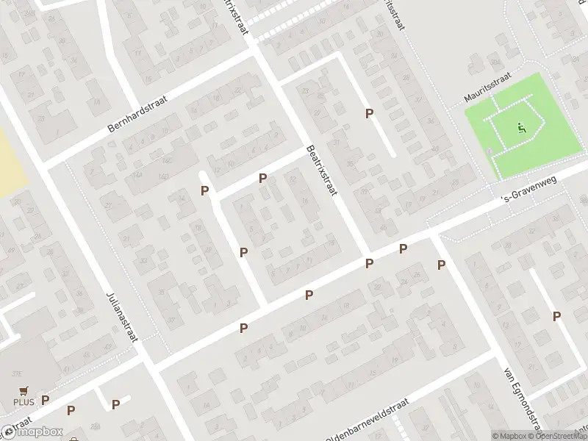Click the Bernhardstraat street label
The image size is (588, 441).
(139, 113)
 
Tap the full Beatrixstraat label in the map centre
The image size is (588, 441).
(321, 170)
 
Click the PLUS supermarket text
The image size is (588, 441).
(24, 403)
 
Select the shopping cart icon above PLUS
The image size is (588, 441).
(24, 392)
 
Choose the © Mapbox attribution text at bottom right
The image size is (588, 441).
(509, 436)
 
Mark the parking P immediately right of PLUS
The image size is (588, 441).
(46, 400)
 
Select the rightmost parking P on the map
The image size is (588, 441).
(556, 316)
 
